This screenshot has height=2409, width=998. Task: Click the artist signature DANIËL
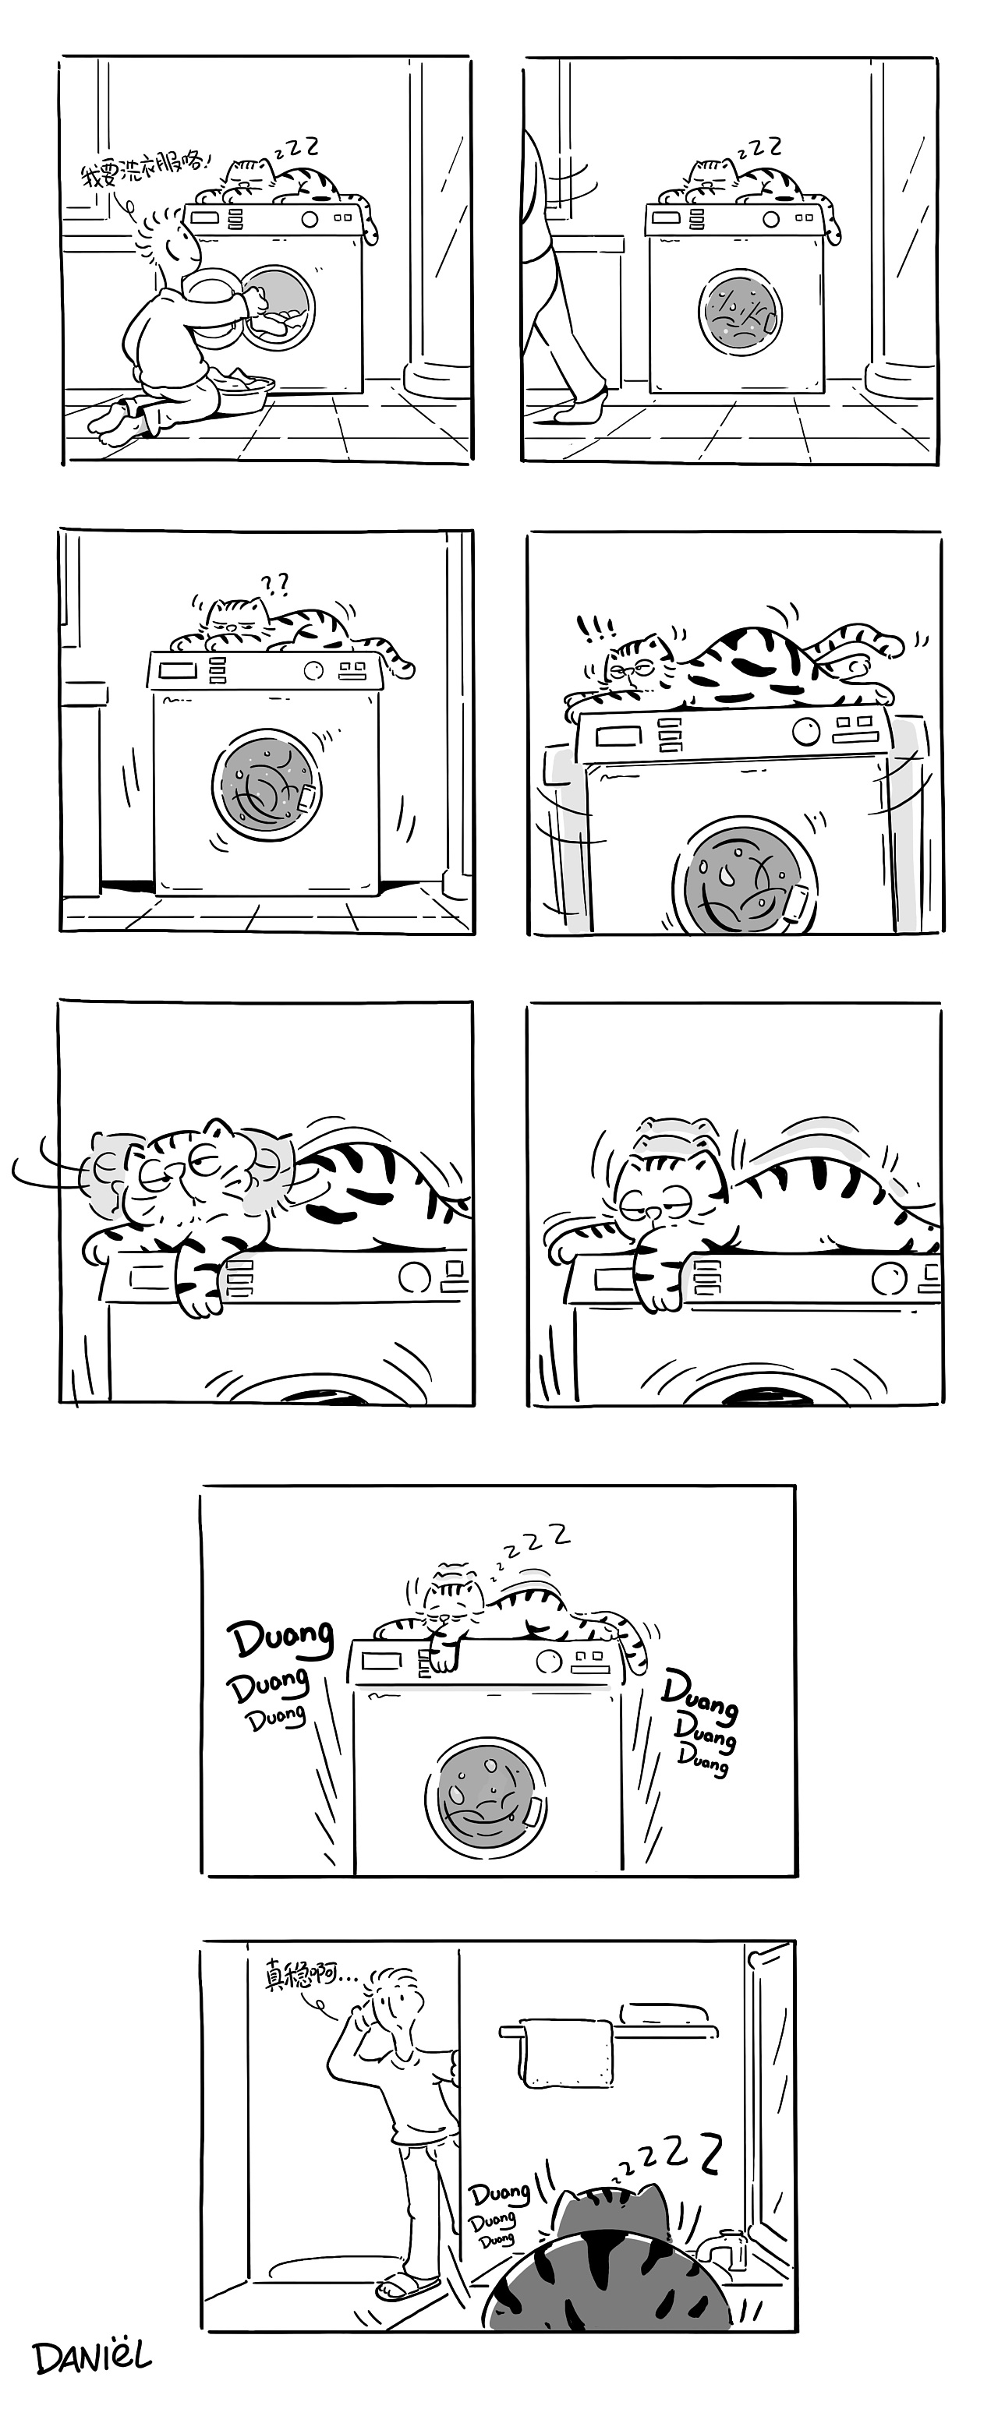pyautogui.click(x=92, y=2358)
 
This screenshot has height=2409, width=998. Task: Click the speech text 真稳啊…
pyautogui.click(x=310, y=1976)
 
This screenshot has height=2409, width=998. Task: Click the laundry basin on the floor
pyautogui.click(x=242, y=385)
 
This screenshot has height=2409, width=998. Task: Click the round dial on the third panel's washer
pyautogui.click(x=313, y=670)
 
